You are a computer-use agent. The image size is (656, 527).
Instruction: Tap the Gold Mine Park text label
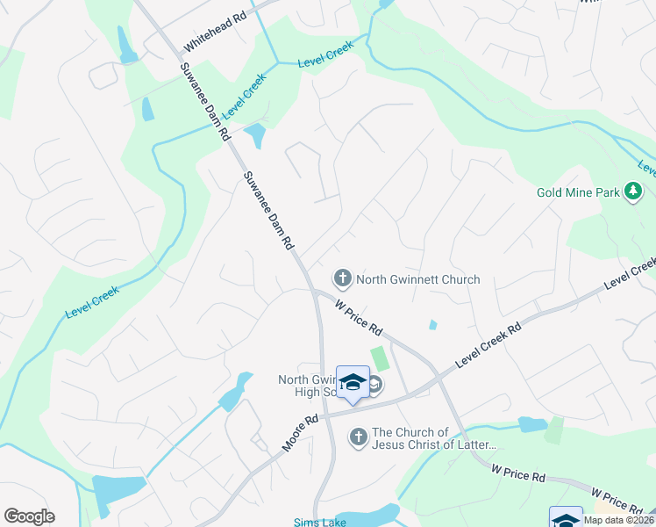point(577,191)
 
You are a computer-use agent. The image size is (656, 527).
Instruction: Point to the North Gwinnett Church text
point(418,279)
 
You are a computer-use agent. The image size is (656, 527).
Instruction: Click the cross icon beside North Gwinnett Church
point(342,279)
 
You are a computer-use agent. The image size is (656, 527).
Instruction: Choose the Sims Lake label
point(314,521)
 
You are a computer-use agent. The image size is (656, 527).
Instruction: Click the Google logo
point(29,516)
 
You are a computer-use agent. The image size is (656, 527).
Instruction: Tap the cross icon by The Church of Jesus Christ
point(358,437)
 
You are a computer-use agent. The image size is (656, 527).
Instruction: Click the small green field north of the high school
point(381,358)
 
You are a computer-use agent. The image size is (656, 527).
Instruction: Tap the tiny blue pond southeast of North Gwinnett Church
point(433,325)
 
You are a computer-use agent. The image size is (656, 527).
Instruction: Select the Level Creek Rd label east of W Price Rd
point(488,344)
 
